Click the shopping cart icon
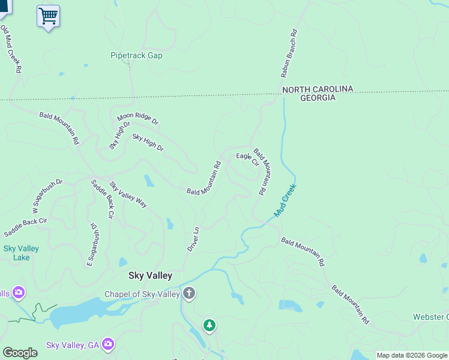pos(48,16)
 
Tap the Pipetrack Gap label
pos(136,56)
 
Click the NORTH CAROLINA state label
pos(318,89)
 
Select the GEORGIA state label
pos(318,98)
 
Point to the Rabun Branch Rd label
pos(289,54)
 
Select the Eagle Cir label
pos(247,158)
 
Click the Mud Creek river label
pos(285,200)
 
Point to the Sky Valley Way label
pos(128,194)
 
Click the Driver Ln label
pos(192,239)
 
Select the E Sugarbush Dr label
pos(92,244)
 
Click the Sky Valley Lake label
pos(21,253)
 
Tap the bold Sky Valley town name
pos(150,276)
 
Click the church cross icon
pos(189,294)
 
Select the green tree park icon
pos(209,325)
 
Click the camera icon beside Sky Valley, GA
pos(108,344)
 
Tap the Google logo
pos(20,353)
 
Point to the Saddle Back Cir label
pos(103,197)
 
